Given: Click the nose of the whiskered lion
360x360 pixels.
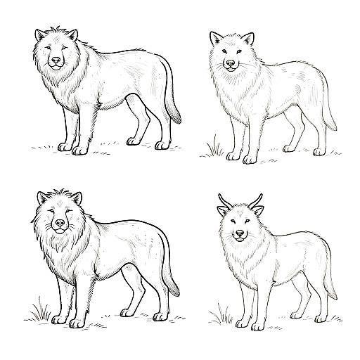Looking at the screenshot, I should point(60,224).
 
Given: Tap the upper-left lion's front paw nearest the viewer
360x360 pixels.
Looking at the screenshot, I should point(79,148).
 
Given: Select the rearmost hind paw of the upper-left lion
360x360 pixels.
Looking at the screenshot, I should point(162,145).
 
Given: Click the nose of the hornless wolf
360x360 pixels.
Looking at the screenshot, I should point(230,64).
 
